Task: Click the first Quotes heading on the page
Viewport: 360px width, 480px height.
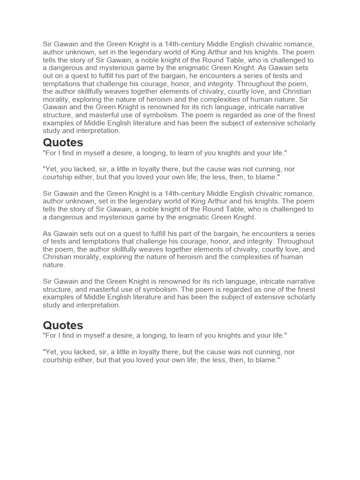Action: point(63,142)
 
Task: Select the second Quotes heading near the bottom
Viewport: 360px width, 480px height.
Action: point(63,325)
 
